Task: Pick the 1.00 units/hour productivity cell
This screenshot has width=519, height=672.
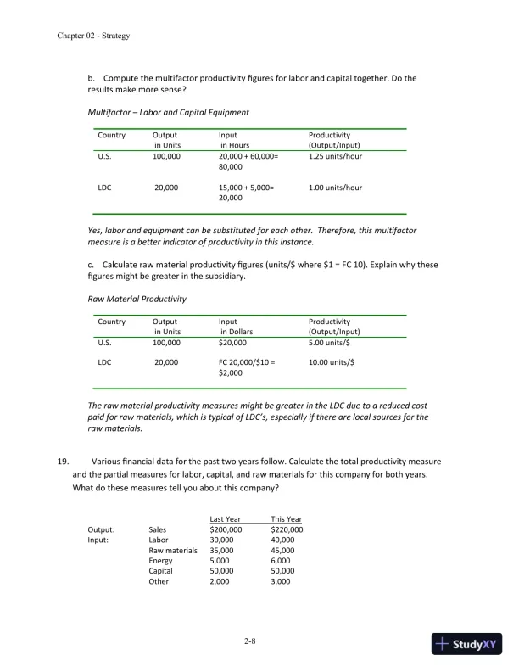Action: pyautogui.click(x=335, y=188)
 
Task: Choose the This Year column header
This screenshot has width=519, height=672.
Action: pyautogui.click(x=286, y=519)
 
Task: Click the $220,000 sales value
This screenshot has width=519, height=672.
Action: pyautogui.click(x=287, y=529)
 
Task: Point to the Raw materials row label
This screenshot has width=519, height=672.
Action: pyautogui.click(x=173, y=551)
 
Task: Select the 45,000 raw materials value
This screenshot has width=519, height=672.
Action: pyautogui.click(x=282, y=551)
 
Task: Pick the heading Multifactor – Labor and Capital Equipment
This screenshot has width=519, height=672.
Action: pyautogui.click(x=168, y=112)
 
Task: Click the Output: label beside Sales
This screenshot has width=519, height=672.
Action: pyautogui.click(x=102, y=529)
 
